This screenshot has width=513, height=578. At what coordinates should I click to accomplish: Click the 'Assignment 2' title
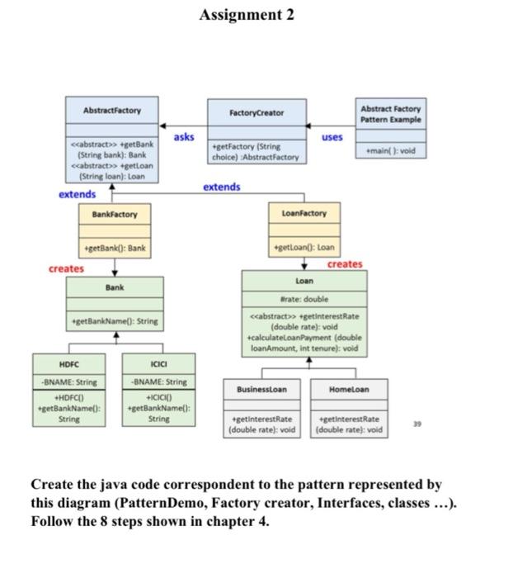pos(247,15)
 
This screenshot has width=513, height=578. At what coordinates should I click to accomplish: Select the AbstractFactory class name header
pos(111,111)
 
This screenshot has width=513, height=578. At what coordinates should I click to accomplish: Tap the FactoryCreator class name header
pos(256,112)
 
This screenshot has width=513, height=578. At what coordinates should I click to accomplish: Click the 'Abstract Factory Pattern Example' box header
pos(390,114)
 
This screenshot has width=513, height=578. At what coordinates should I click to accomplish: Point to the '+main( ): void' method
pos(390,151)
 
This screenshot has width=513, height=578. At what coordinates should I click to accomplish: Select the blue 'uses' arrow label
pos(332,136)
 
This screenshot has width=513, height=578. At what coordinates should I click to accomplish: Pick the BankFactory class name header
pos(115,214)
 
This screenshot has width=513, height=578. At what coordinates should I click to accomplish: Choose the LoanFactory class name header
pos(304,214)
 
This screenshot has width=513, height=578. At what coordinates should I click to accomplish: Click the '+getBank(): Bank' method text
pos(115,249)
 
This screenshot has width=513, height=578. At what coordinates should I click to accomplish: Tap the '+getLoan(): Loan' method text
pos(304,249)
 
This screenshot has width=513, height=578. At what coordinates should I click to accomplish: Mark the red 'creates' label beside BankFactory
pos(66,268)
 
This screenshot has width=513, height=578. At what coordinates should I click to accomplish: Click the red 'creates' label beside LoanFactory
pos(344,264)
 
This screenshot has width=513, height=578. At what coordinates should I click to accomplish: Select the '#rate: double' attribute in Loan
pos(304,298)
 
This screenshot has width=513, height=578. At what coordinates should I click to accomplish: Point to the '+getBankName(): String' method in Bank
pos(115,321)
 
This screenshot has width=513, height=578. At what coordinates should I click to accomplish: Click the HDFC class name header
pos(69,363)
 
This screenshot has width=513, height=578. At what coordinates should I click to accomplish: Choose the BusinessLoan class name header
pos(261,389)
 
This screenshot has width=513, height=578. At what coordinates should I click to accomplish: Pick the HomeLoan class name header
pos(349,389)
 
